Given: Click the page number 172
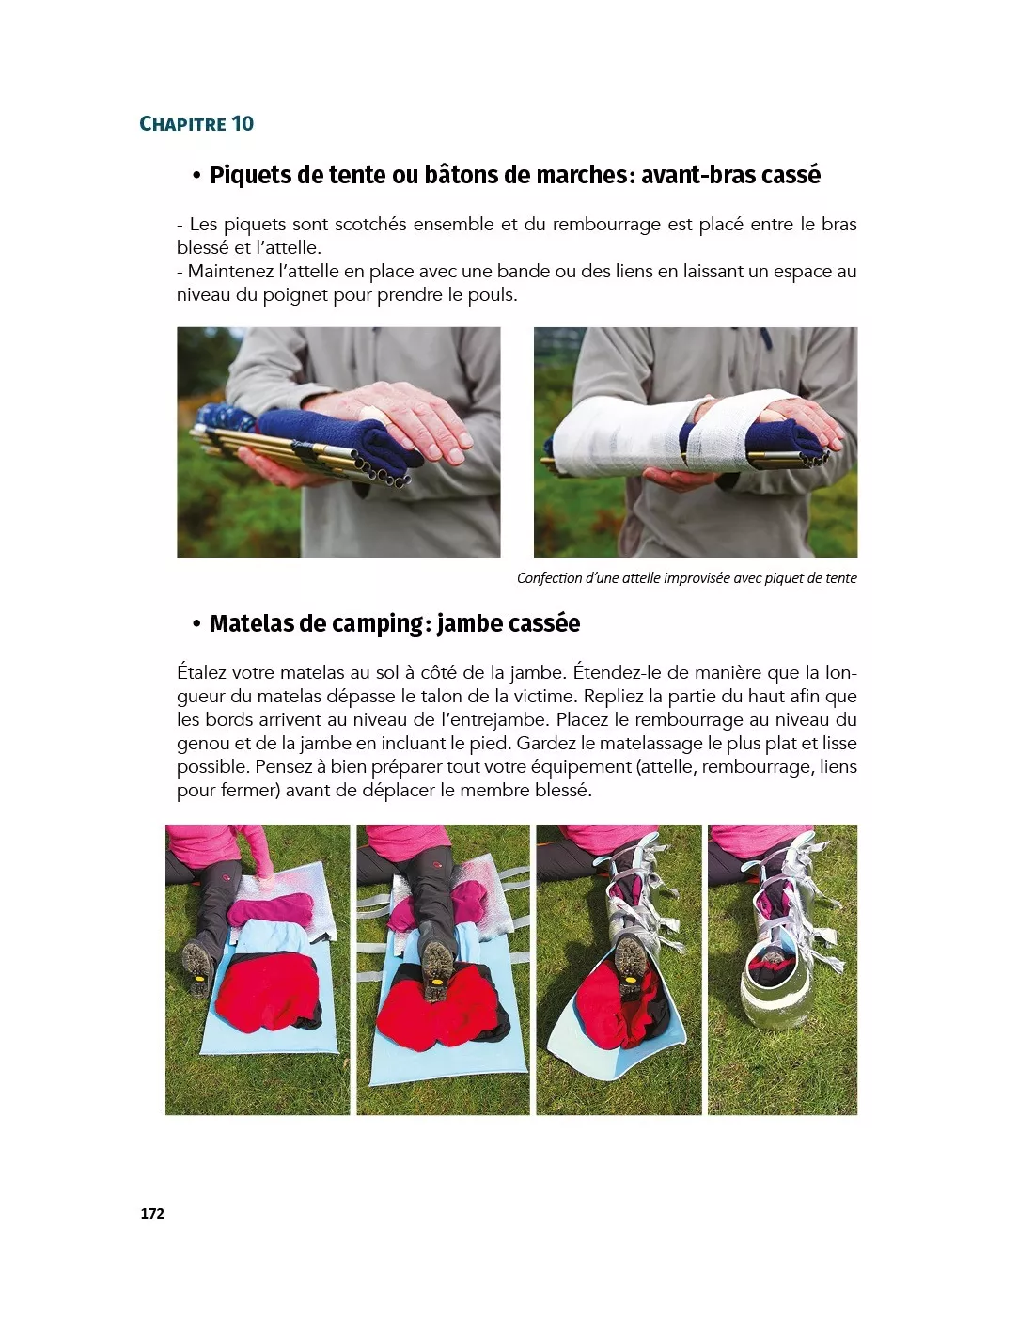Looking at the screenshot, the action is coord(152,1213).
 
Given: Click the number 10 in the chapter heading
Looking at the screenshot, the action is coord(243,124).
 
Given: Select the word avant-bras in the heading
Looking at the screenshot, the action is coord(697,176).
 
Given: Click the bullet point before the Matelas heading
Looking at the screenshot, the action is coord(196,624).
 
